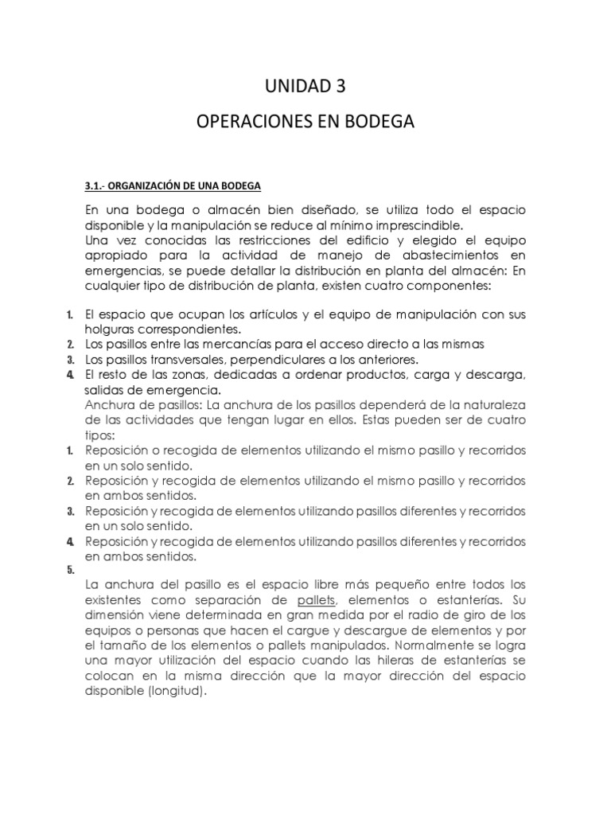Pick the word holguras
[111, 329]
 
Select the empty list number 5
[71, 570]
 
